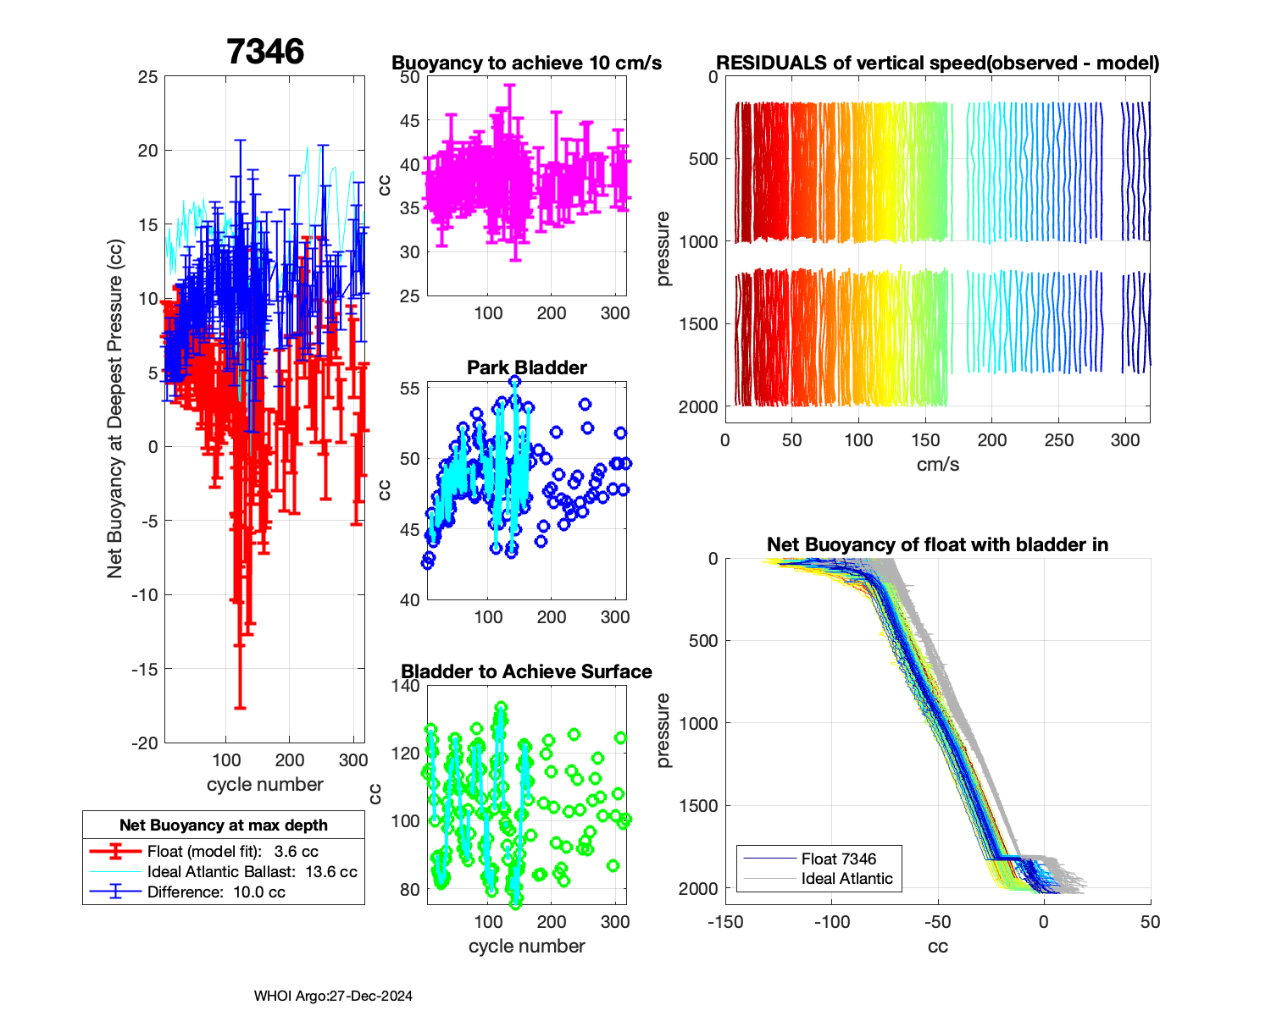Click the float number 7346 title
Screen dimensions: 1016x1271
coord(265,52)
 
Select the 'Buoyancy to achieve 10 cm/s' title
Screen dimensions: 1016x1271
coord(526,63)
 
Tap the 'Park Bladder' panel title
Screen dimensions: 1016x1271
coord(526,367)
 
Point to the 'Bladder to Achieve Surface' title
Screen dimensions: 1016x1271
coord(526,671)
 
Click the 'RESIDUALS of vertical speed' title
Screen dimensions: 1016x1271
coord(937,63)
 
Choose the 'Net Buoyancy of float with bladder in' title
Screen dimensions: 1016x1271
coord(937,544)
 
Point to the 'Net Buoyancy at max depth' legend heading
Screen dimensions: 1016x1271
coord(224,825)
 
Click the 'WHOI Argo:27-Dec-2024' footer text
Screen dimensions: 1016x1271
coord(333,996)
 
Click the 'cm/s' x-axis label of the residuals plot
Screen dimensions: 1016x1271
coord(937,464)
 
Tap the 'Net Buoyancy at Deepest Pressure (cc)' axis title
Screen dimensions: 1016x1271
coord(115,410)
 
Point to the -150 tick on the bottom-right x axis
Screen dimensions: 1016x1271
coord(725,922)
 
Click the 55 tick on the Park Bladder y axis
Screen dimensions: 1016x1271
coord(409,389)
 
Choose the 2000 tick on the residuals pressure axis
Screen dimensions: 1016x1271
coord(697,406)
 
